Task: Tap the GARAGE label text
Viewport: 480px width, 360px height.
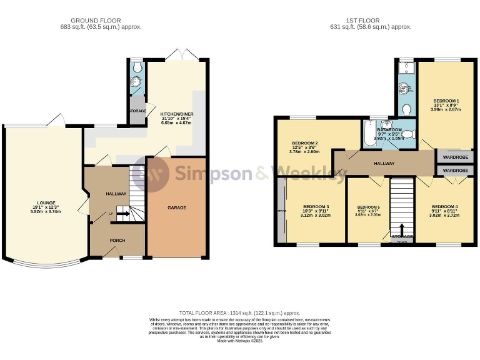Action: pyautogui.click(x=176, y=207)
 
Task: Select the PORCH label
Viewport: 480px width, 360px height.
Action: pyautogui.click(x=117, y=239)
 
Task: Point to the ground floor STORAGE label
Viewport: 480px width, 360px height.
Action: pyautogui.click(x=137, y=111)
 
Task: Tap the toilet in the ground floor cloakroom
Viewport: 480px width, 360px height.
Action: pyautogui.click(x=136, y=68)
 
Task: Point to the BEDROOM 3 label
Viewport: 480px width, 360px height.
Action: pyautogui.click(x=316, y=207)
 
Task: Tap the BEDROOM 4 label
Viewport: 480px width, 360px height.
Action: pyautogui.click(x=444, y=207)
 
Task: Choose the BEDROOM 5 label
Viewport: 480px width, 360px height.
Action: pyautogui.click(x=368, y=207)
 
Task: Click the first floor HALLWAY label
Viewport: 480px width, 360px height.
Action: pyautogui.click(x=384, y=163)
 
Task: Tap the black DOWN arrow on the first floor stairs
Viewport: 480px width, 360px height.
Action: pyautogui.click(x=402, y=231)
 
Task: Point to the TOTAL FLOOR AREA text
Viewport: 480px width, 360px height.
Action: pyautogui.click(x=240, y=312)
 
